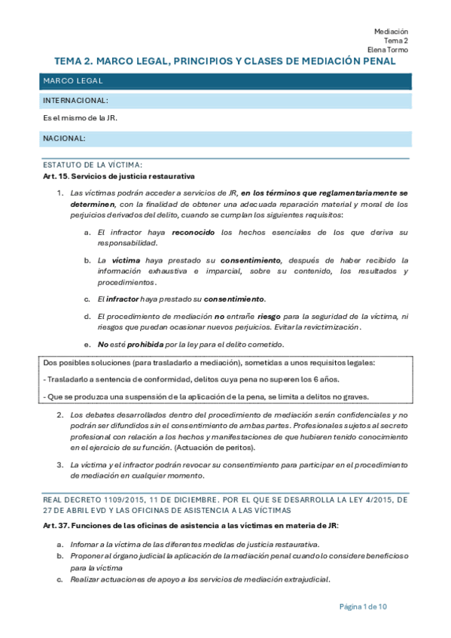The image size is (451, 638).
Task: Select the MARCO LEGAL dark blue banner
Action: [x=225, y=81]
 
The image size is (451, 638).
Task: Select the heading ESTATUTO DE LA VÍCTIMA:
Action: [x=93, y=165]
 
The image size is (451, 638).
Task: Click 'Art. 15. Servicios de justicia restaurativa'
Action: [x=119, y=176]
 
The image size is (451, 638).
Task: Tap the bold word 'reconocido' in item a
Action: [x=194, y=233]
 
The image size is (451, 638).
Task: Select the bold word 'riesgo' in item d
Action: [x=270, y=317]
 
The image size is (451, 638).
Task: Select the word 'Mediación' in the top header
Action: [x=391, y=31]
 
